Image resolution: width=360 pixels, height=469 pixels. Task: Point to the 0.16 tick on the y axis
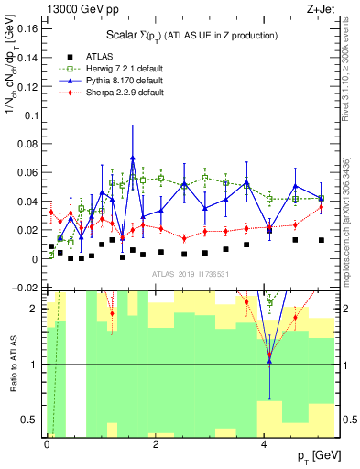pos(27,28)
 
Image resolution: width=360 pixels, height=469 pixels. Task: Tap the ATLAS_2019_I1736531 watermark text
pos(191,274)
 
